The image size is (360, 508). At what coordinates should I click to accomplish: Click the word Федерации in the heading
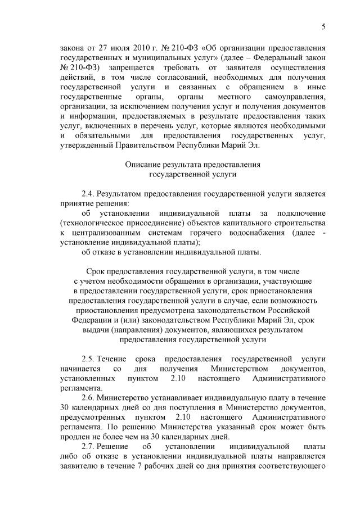pyautogui.click(x=92, y=321)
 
